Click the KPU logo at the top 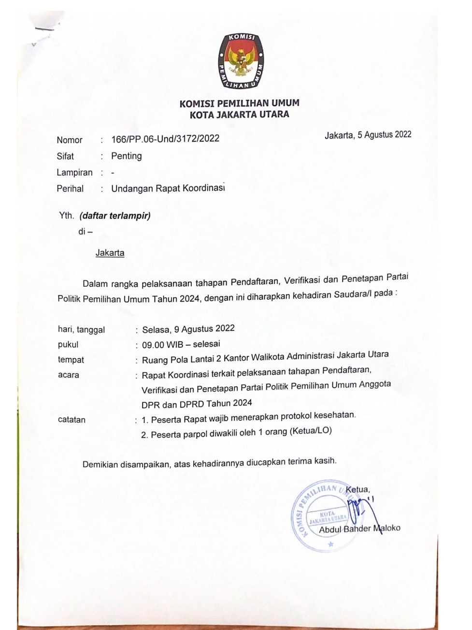[x=240, y=61]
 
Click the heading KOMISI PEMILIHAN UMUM [x=239, y=103]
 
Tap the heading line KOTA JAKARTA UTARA [x=239, y=115]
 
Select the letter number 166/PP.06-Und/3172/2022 [x=165, y=139]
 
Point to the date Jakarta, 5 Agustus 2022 [x=368, y=135]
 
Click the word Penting [x=127, y=156]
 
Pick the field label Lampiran [x=74, y=173]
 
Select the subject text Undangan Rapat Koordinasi [x=168, y=188]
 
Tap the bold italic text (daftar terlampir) [x=115, y=216]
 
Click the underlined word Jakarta [x=110, y=253]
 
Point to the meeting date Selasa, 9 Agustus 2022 [x=188, y=329]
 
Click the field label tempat [x=71, y=360]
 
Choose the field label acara [x=69, y=375]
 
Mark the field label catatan [x=72, y=420]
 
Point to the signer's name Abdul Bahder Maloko [x=359, y=529]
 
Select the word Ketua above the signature [x=357, y=489]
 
